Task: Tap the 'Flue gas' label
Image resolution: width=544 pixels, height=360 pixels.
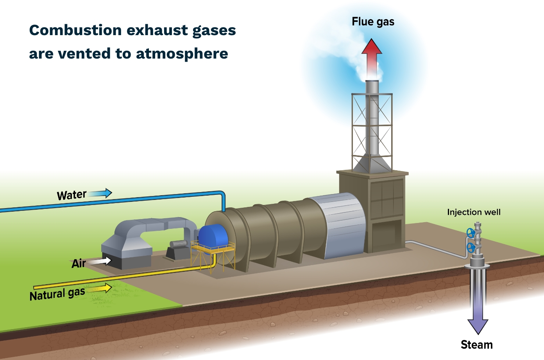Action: tap(373, 22)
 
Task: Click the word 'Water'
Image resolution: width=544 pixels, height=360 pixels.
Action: tap(72, 195)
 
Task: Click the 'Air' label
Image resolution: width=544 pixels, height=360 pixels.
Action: tap(79, 264)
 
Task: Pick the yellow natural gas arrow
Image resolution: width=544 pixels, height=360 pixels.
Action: tap(100, 289)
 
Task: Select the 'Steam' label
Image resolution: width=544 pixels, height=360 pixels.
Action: tap(476, 345)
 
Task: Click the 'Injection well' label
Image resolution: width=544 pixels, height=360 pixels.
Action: tap(474, 212)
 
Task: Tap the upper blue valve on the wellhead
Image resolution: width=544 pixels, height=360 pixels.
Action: tap(471, 233)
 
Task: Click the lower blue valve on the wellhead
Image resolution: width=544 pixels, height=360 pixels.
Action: tap(471, 247)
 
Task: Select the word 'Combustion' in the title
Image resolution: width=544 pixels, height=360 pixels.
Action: tap(75, 30)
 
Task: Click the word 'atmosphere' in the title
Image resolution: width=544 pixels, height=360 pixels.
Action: tap(182, 53)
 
